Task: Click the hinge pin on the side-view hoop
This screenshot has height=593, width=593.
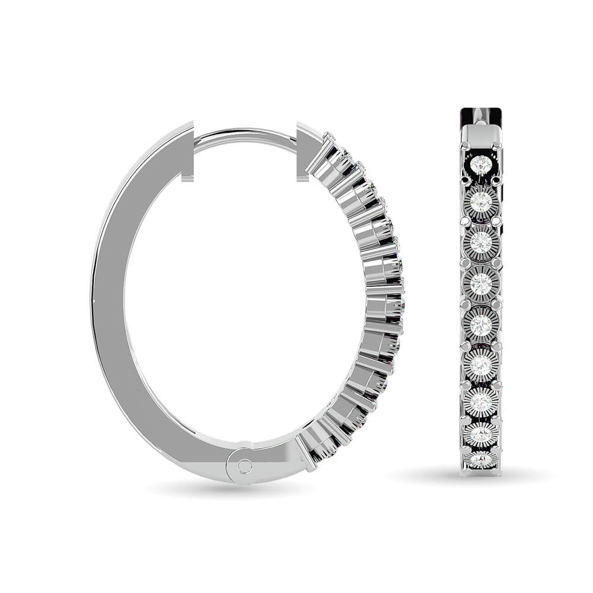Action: click(244, 466)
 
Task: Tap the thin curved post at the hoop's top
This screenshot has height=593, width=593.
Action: click(244, 135)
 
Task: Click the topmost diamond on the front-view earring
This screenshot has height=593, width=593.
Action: click(481, 164)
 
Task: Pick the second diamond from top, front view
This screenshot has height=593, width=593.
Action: click(481, 202)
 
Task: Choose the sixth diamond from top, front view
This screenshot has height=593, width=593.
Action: click(481, 364)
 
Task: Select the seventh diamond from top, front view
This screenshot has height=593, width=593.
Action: click(481, 401)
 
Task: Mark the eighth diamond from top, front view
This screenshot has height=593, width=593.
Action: click(481, 435)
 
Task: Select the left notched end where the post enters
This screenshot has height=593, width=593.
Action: click(187, 151)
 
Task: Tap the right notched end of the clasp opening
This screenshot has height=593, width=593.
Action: click(305, 151)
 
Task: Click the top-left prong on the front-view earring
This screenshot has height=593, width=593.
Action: click(465, 145)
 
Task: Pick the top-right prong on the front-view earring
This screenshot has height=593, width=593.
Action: click(497, 145)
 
